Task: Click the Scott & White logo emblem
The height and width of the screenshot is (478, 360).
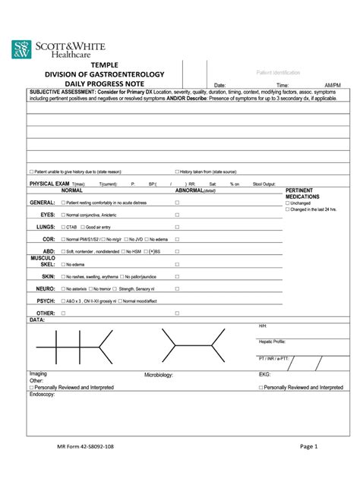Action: pyautogui.click(x=22, y=49)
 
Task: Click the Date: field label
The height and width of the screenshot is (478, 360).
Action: pyautogui.click(x=220, y=86)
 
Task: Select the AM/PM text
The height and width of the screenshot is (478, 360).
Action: pyautogui.click(x=332, y=86)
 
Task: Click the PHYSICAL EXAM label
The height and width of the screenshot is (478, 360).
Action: pyautogui.click(x=49, y=184)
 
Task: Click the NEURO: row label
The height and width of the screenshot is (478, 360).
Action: pyautogui.click(x=44, y=289)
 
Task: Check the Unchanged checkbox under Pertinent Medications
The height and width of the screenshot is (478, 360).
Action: pyautogui.click(x=287, y=203)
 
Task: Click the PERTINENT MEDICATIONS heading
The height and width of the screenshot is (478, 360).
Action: pyautogui.click(x=302, y=193)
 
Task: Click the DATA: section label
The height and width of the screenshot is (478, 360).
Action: pyautogui.click(x=37, y=320)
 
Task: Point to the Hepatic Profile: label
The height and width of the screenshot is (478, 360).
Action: pyautogui.click(x=272, y=341)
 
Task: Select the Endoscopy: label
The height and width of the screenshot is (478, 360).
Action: pyautogui.click(x=43, y=395)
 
